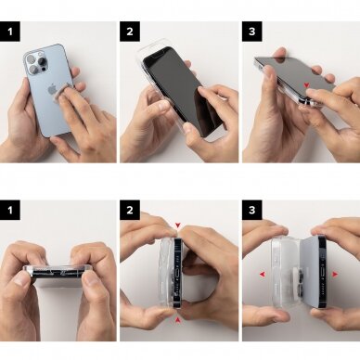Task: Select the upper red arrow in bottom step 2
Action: point(177,224)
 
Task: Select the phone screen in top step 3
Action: point(288,71)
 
